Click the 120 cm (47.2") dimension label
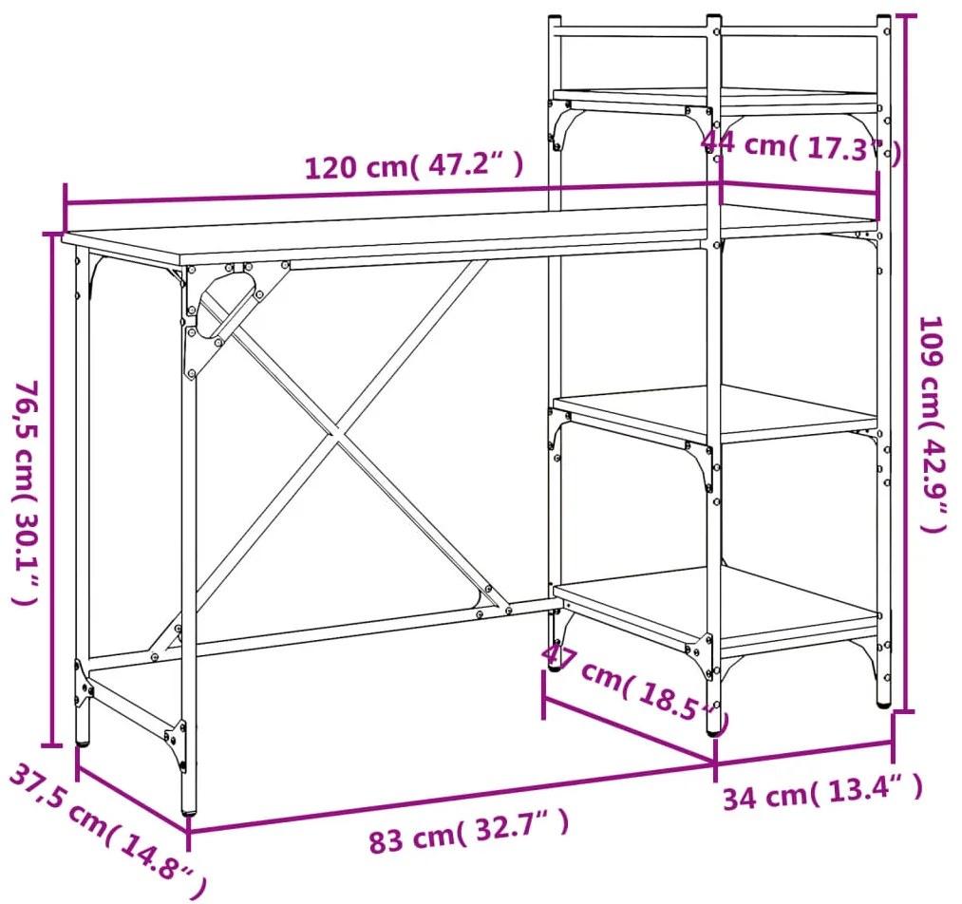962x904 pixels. pos(414,165)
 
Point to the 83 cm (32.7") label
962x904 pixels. pos(469,832)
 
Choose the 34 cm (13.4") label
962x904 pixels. pos(822,792)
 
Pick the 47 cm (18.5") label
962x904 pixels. pos(635,683)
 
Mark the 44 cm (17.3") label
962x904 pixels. pos(801,147)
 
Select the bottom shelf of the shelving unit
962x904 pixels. pos(715,607)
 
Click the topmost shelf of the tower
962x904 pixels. pos(715,98)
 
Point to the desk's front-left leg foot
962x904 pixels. pos(189,810)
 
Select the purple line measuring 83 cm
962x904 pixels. pos(451,797)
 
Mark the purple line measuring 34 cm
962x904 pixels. pos(803,752)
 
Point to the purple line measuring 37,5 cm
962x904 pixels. pos(133,800)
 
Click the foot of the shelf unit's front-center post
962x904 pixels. pos(714,731)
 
